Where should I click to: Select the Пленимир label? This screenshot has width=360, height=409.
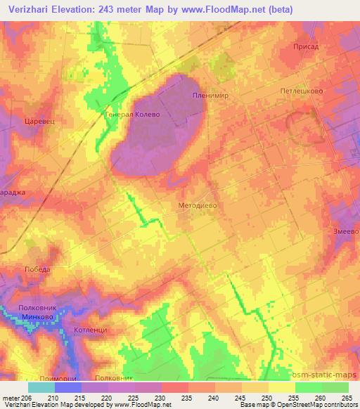click(207, 95)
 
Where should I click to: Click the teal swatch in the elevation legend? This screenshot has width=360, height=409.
click(41, 387)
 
